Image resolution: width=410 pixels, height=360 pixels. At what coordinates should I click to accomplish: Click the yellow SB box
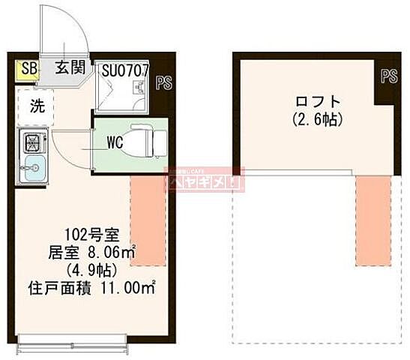coord(28,70)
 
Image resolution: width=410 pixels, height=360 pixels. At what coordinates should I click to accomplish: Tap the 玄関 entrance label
coord(70,68)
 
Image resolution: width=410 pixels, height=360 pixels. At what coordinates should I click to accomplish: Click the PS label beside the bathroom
coord(163,82)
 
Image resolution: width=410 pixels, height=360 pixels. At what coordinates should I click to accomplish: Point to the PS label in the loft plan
coord(388,76)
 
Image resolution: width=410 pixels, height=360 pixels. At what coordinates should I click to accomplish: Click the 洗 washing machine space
coord(36,106)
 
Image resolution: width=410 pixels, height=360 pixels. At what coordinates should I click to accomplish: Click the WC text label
coord(114,141)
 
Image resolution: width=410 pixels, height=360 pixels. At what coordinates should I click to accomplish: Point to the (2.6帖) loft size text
coord(307,119)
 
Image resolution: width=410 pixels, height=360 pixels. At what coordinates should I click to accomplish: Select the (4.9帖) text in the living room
coord(88,270)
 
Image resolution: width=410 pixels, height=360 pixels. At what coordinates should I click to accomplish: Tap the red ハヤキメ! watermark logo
coord(204,179)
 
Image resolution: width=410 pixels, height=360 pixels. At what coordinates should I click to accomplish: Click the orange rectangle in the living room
coord(148,220)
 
